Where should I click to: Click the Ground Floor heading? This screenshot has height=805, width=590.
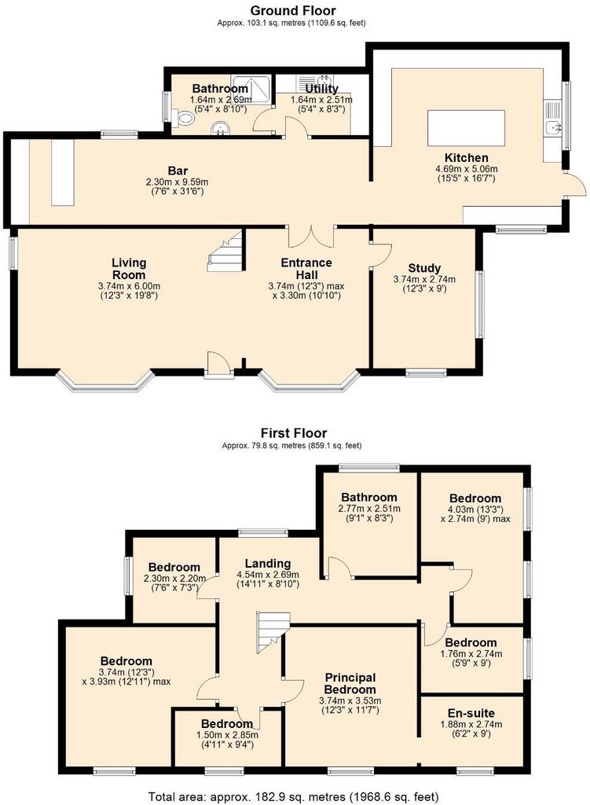(x=293, y=10)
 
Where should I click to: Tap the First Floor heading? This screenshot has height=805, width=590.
(x=294, y=433)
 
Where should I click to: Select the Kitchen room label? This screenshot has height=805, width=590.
(x=467, y=157)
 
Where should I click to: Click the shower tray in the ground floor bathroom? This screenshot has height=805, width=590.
(x=251, y=87)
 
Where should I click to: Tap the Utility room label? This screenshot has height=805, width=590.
(x=321, y=88)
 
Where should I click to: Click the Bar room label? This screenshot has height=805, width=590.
(x=178, y=171)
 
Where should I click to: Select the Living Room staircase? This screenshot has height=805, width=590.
(x=225, y=251)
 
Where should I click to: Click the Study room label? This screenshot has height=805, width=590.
(x=424, y=268)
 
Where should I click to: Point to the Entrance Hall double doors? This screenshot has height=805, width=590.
(x=311, y=236)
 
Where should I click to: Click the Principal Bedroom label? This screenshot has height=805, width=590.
(x=350, y=683)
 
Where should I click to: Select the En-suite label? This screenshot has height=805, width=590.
(x=471, y=713)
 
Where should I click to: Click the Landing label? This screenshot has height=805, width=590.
(x=268, y=564)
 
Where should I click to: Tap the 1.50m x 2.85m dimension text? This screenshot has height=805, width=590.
(x=225, y=735)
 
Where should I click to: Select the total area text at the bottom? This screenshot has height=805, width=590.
(x=294, y=797)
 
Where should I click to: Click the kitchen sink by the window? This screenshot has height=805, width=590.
(x=554, y=127)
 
